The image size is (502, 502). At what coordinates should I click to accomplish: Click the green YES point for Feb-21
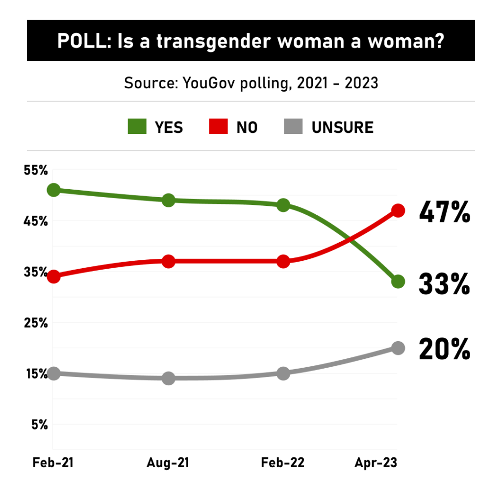pyautogui.click(x=53, y=190)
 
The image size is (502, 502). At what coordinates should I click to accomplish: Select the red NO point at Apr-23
pyautogui.click(x=398, y=211)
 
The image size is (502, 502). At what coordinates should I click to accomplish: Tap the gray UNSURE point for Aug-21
pyautogui.click(x=169, y=378)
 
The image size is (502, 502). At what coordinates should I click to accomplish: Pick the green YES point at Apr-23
pyautogui.click(x=398, y=281)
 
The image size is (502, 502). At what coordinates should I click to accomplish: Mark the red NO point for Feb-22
pyautogui.click(x=283, y=261)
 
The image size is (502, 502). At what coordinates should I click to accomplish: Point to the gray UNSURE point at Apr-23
pyautogui.click(x=398, y=348)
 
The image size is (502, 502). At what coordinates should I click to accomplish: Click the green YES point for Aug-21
pyautogui.click(x=169, y=200)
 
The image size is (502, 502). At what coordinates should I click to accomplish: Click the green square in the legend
pyautogui.click(x=137, y=127)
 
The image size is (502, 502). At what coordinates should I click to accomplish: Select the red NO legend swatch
pyautogui.click(x=219, y=127)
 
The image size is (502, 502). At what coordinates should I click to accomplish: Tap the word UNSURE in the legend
pyautogui.click(x=342, y=127)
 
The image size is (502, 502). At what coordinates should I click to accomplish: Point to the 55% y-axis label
pyautogui.click(x=36, y=171)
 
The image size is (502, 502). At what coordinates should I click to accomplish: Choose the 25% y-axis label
pyautogui.click(x=36, y=323)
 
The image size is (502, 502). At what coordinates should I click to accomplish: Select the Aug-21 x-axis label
pyautogui.click(x=168, y=463)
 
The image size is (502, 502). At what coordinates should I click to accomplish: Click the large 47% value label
pyautogui.click(x=444, y=213)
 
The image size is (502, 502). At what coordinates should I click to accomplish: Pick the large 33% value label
pyautogui.click(x=444, y=284)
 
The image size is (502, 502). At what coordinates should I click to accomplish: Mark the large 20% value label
pyautogui.click(x=444, y=350)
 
